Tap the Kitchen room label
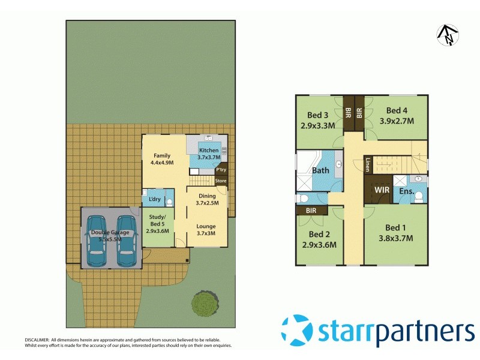pyautogui.click(x=209, y=153)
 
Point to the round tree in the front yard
pyautogui.click(x=205, y=305)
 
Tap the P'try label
pyautogui.click(x=221, y=170)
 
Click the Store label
pyautogui.click(x=221, y=181)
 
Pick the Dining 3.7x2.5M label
pyautogui.click(x=207, y=199)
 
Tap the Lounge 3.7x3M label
pyautogui.click(x=206, y=230)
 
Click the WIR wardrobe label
pyautogui.click(x=382, y=190)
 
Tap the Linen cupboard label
pyautogui.click(x=367, y=164)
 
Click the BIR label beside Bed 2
pyautogui.click(x=311, y=211)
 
